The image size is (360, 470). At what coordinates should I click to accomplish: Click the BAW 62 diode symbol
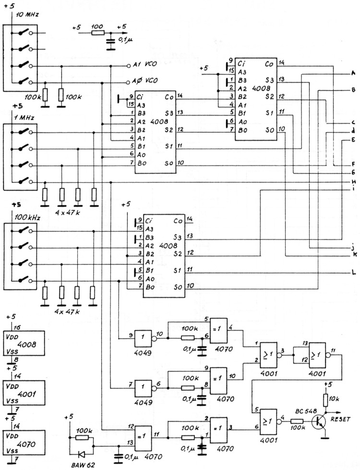click(x=81, y=453)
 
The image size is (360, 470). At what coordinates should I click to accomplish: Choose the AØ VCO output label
click(x=144, y=81)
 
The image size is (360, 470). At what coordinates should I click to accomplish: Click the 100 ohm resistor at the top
click(x=97, y=33)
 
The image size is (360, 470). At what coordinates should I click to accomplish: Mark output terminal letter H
click(x=353, y=182)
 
